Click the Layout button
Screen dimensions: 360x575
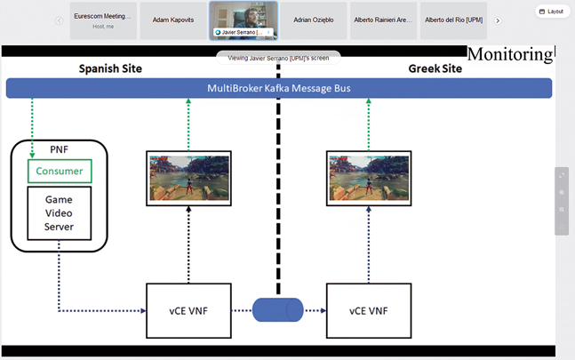553,12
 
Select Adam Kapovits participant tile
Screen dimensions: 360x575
173,20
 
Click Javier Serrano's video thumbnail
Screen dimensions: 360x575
243,20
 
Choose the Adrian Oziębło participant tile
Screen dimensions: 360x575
312,20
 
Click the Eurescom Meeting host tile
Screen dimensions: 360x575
103,20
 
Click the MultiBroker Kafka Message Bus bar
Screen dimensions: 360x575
279,88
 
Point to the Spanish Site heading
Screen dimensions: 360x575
110,68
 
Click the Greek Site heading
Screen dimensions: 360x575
436,68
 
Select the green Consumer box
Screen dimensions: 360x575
60,171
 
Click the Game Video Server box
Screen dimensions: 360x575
60,213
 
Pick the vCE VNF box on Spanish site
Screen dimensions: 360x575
188,310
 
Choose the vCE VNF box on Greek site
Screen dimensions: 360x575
369,310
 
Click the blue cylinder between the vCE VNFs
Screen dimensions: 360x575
278,310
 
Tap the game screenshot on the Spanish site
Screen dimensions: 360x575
188,177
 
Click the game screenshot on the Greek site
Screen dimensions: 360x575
369,177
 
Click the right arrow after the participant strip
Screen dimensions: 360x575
498,20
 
